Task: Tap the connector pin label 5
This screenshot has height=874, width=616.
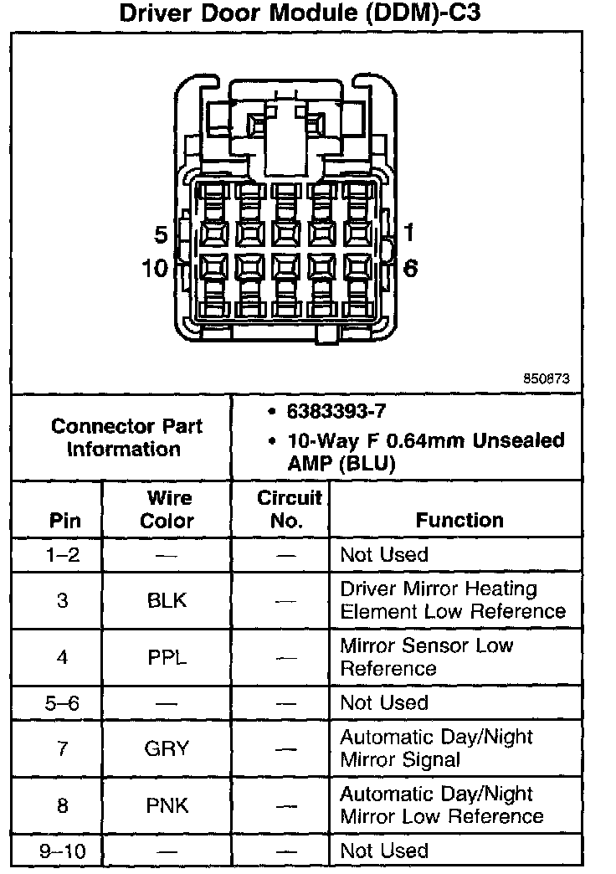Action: point(162,234)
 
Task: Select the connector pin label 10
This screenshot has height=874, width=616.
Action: point(157,269)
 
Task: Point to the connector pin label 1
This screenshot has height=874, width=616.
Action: point(410,232)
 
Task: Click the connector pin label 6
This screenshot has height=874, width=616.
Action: point(410,269)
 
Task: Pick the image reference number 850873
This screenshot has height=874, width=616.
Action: point(547,378)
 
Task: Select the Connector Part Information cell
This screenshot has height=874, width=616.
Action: point(124,437)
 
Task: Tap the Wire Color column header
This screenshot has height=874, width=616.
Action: point(167,509)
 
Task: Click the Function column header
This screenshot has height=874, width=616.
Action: point(459,520)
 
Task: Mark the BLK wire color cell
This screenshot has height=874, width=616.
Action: point(167,600)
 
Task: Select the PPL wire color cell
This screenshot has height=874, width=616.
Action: point(167,657)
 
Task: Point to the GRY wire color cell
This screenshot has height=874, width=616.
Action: point(167,748)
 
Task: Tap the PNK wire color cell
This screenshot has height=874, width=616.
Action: point(167,805)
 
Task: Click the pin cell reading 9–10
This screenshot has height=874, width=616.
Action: point(64,851)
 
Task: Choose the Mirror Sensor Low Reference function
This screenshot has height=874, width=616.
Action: point(426,657)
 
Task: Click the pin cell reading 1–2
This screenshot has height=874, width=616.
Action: point(64,554)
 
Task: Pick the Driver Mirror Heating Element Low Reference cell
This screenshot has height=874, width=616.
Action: point(452,600)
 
